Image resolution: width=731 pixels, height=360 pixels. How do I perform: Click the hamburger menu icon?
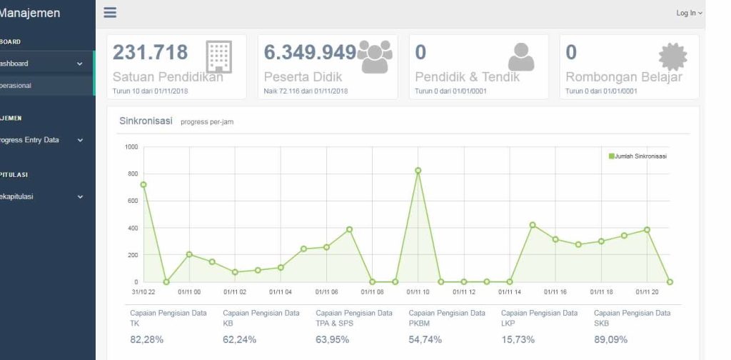110,13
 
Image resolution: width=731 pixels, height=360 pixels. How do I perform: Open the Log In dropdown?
689,14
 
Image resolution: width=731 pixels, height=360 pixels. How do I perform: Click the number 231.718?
151,52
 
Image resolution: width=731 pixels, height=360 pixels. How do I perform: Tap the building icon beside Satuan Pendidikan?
218,56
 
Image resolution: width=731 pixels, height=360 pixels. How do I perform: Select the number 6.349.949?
310,52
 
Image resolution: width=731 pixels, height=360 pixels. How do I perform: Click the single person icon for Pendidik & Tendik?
521,57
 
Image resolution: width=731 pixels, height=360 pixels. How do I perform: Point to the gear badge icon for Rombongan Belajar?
672,56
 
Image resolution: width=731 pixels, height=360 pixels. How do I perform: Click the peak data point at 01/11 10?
418,171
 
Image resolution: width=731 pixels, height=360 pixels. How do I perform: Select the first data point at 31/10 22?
143,184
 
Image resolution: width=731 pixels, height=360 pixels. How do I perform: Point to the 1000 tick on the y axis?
131,147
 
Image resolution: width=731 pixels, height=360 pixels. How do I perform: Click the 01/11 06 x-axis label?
326,291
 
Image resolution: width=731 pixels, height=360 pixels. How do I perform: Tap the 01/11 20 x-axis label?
647,291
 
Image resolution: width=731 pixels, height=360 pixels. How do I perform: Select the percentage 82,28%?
146,339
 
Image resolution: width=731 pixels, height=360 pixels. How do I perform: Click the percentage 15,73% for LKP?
518,339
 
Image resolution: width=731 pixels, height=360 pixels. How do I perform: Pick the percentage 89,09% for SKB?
610,339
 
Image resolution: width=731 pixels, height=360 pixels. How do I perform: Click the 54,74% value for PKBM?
425,339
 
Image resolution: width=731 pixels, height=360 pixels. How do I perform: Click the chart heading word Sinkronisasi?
146,121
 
